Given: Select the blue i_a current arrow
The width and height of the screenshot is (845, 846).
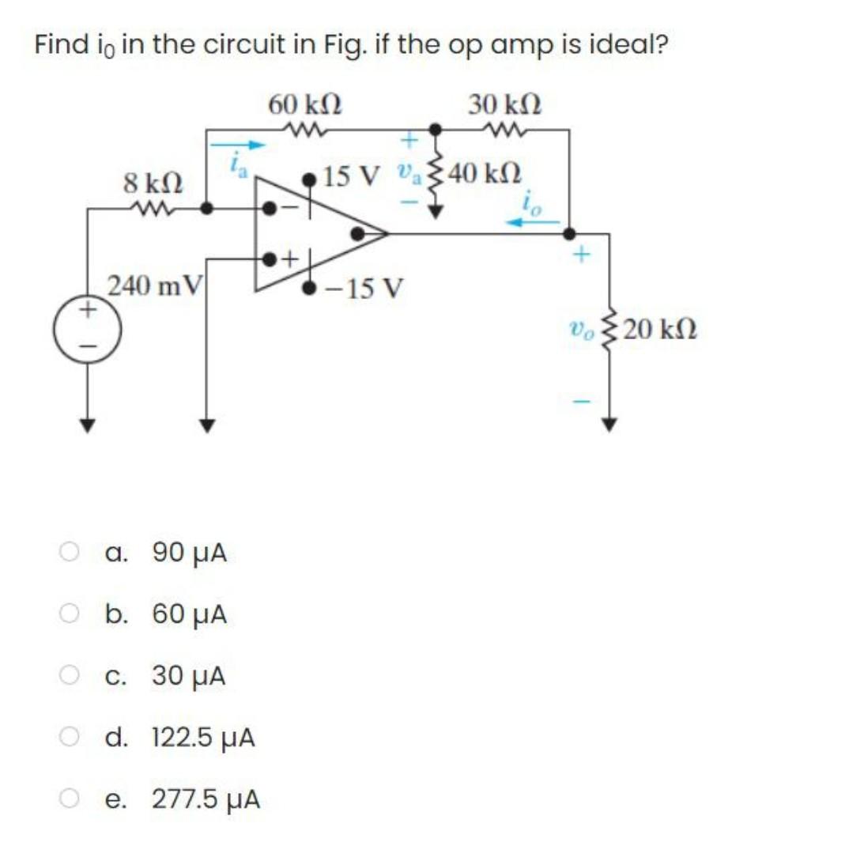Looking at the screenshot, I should pyautogui.click(x=236, y=145).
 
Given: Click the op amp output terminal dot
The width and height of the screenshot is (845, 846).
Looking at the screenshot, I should pyautogui.click(x=358, y=233).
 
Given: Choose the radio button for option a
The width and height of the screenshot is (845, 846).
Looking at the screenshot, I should pyautogui.click(x=70, y=552).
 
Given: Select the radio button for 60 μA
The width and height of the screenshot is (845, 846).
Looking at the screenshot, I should pyautogui.click(x=70, y=614).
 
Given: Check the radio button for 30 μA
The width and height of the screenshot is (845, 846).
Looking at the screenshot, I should pyautogui.click(x=70, y=676).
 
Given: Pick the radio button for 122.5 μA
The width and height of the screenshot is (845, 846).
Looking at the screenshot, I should pyautogui.click(x=70, y=738).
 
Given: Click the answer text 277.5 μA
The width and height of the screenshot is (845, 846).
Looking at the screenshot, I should pyautogui.click(x=206, y=800).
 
